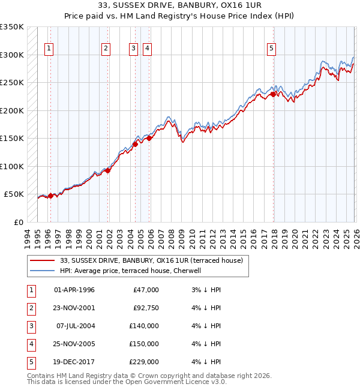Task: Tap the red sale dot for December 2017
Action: coord(273,94)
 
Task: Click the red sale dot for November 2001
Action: coord(108,170)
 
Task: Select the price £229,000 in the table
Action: coord(143,362)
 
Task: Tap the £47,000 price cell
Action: coord(146,290)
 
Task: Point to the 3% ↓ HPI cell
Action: coord(206,290)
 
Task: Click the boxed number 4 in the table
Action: coord(31,344)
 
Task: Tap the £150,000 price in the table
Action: coord(143,344)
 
